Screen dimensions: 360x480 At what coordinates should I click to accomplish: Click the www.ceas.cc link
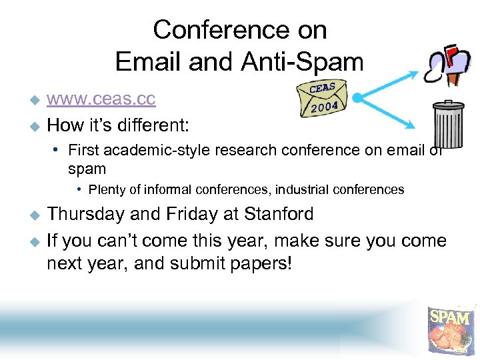(x=101, y=99)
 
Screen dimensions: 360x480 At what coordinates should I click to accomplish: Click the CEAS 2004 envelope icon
(x=323, y=99)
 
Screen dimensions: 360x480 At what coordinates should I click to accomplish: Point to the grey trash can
(x=448, y=124)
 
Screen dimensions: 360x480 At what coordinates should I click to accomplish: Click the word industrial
(x=307, y=190)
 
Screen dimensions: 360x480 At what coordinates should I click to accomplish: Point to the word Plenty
(x=107, y=190)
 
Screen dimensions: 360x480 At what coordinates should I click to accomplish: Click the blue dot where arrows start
(x=357, y=99)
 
